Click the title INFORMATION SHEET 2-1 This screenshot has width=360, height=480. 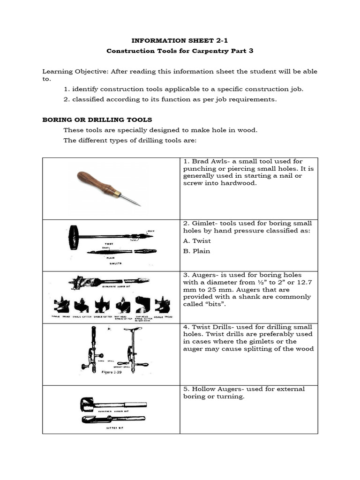[x=180, y=41]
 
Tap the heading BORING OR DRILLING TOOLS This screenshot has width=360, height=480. [x=97, y=120]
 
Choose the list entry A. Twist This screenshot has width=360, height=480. [x=197, y=241]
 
